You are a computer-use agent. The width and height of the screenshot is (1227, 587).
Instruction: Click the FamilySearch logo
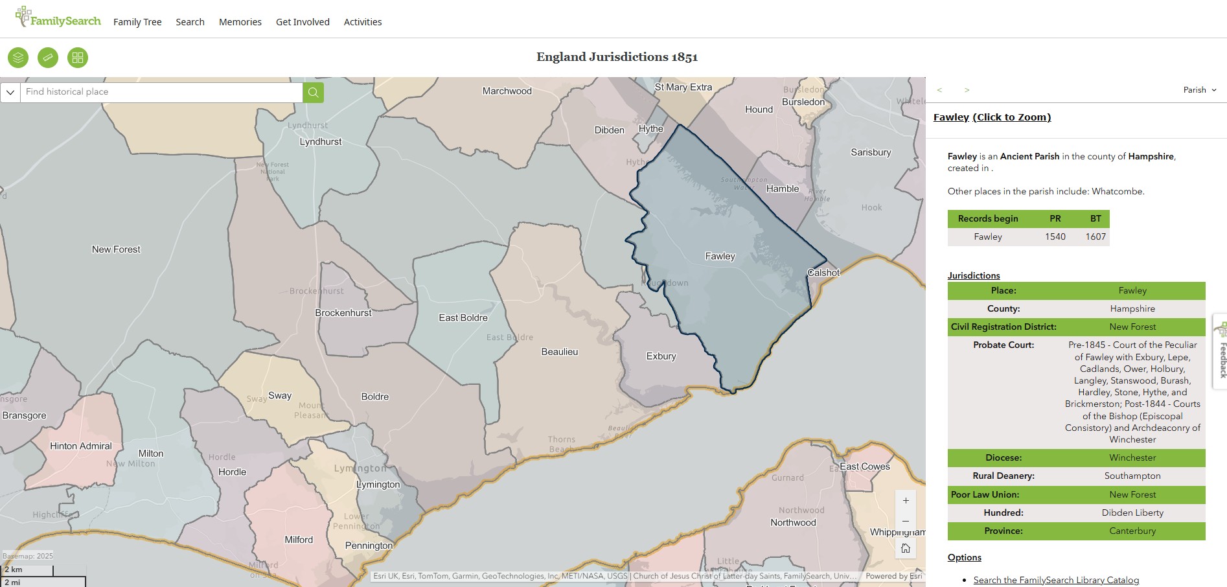(x=58, y=19)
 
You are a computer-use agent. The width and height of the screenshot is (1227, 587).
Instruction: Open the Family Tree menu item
(x=137, y=22)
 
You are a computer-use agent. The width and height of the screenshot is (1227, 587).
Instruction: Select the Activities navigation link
(x=363, y=22)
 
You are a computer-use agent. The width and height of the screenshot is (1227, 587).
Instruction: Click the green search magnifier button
(x=313, y=92)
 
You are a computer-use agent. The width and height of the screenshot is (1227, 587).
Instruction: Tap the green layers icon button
(x=18, y=58)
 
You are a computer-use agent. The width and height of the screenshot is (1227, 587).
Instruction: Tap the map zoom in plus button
(x=906, y=501)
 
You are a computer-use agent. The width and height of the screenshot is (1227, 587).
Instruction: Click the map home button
(x=906, y=549)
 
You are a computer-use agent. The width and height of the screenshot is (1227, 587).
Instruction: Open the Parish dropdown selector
(x=1200, y=90)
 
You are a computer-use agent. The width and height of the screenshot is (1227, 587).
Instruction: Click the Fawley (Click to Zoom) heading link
(x=992, y=117)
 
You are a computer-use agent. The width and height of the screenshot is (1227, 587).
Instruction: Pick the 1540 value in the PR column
(x=1055, y=236)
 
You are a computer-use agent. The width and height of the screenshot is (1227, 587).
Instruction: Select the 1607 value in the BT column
(x=1095, y=236)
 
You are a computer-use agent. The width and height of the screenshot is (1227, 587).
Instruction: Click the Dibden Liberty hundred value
(x=1132, y=512)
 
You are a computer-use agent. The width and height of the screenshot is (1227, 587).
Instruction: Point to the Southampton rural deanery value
(x=1132, y=476)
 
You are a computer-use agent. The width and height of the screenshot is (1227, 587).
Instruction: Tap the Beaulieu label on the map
(x=560, y=352)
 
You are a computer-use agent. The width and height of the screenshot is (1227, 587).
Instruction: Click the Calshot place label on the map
(x=823, y=273)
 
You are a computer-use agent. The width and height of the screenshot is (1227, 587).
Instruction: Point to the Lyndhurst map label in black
(x=321, y=142)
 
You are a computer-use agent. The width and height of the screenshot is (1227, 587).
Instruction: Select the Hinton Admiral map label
(x=81, y=446)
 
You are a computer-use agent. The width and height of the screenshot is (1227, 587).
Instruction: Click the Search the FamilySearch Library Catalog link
(x=1056, y=580)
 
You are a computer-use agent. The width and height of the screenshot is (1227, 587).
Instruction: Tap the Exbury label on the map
(x=661, y=356)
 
